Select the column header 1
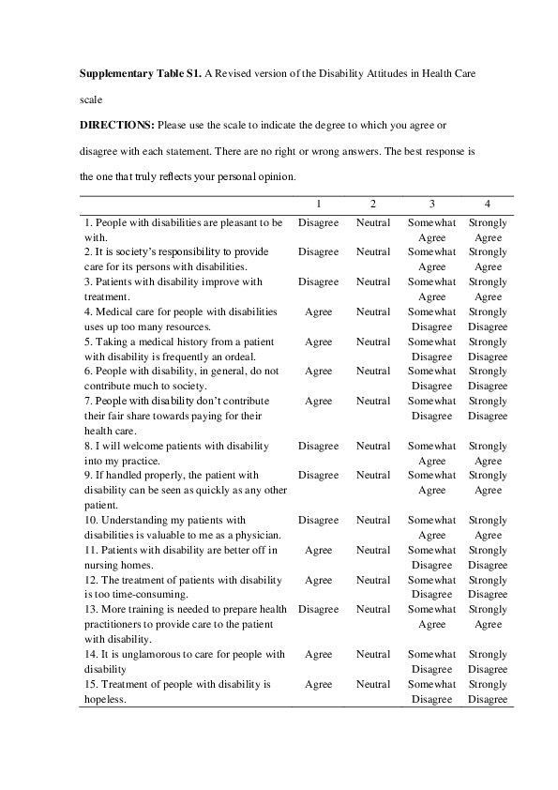(318, 204)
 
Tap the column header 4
(487, 204)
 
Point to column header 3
(431, 204)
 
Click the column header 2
(372, 204)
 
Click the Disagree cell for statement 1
(318, 223)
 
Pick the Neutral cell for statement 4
(372, 312)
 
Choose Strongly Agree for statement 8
(487, 453)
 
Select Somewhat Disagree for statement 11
(431, 557)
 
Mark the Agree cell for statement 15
(318, 684)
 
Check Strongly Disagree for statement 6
(487, 378)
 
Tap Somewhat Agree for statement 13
(431, 616)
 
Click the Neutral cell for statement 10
(372, 521)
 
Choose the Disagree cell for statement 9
(318, 476)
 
